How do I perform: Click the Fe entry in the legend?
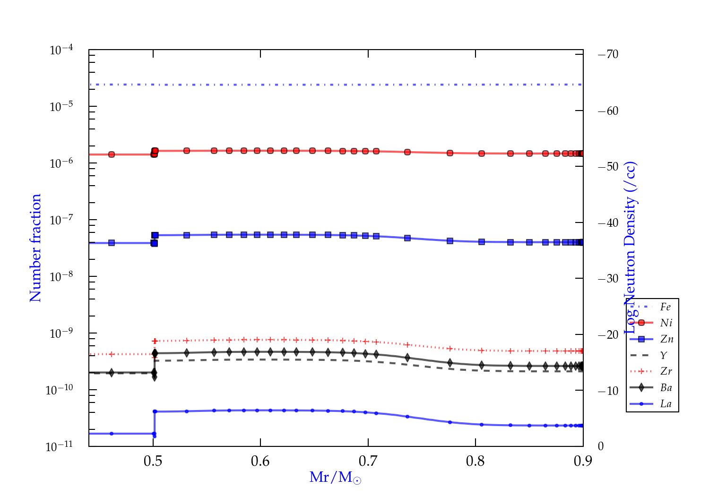click(665, 307)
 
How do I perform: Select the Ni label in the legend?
click(666, 323)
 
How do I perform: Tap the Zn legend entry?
click(666, 339)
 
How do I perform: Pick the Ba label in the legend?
click(666, 388)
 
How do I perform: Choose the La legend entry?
click(666, 404)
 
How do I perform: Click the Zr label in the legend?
click(666, 371)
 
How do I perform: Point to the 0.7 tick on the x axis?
click(368, 461)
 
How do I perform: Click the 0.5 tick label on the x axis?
click(153, 461)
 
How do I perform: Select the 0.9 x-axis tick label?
click(583, 461)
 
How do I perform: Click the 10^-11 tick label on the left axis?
click(59, 446)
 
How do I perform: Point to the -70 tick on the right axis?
click(608, 54)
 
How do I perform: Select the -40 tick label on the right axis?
click(608, 222)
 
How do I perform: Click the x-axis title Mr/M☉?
click(335, 478)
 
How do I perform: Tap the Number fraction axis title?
click(35, 248)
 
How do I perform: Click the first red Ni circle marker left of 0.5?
click(112, 154)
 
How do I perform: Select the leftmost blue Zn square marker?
click(112, 243)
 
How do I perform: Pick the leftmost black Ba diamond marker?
click(112, 373)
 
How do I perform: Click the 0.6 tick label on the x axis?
click(260, 461)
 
